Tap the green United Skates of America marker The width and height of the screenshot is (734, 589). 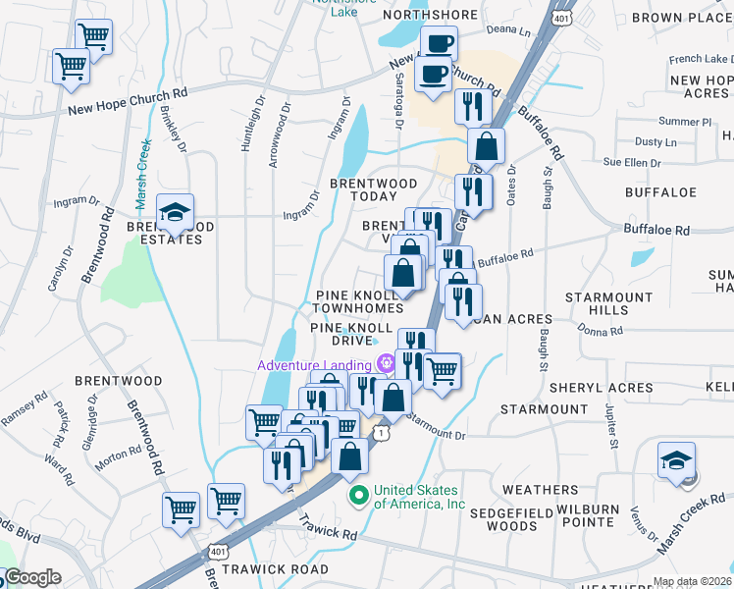pyautogui.click(x=359, y=493)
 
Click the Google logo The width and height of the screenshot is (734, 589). pyautogui.click(x=31, y=578)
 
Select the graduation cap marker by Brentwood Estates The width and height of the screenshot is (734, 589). pyautogui.click(x=176, y=212)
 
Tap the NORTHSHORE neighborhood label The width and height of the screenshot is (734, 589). pyautogui.click(x=430, y=15)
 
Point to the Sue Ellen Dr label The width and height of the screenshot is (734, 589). pyautogui.click(x=627, y=161)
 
